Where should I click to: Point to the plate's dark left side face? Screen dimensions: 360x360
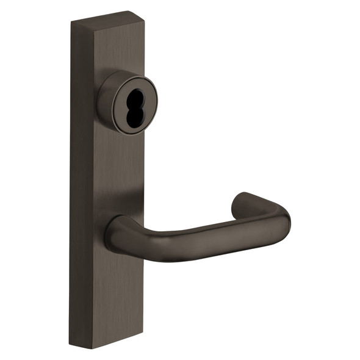(79, 183)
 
